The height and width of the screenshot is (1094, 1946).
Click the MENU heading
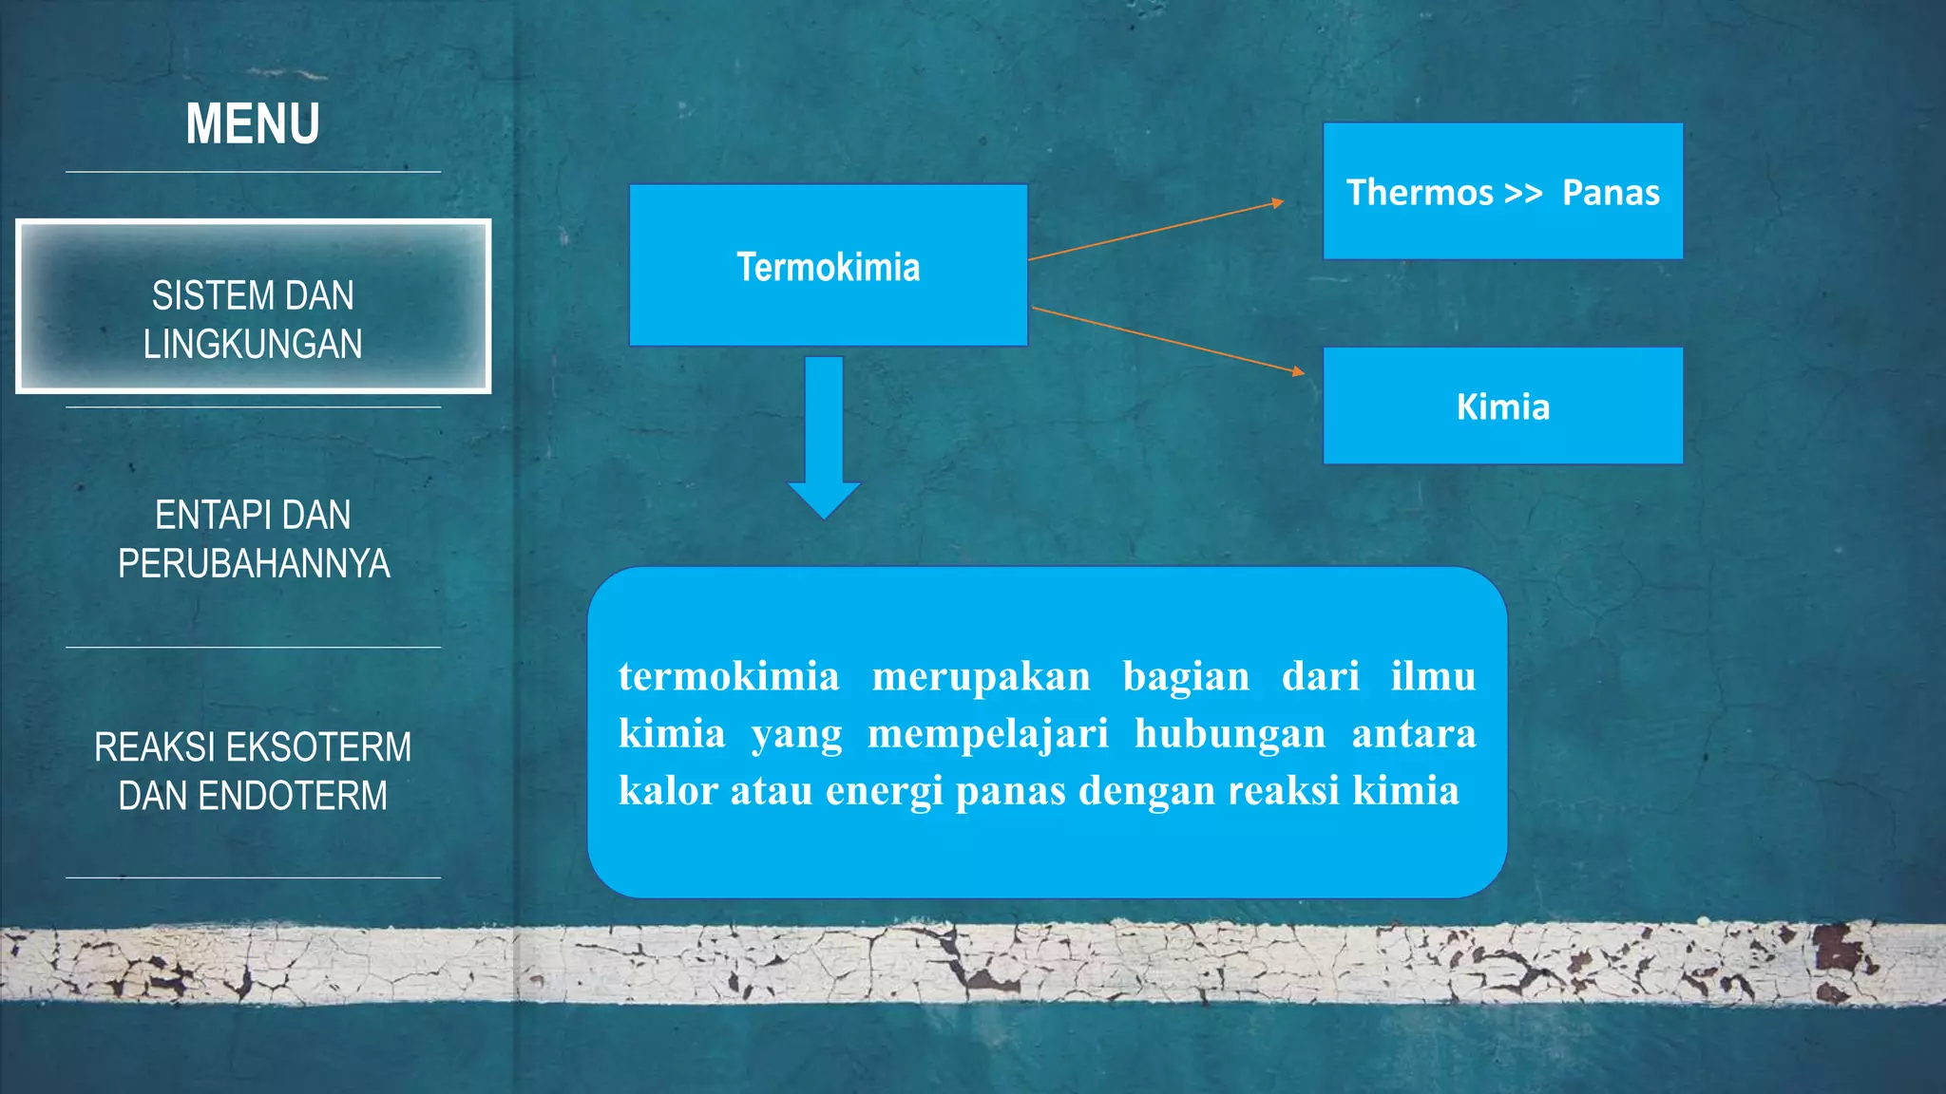253,124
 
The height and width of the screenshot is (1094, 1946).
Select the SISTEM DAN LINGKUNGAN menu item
253,319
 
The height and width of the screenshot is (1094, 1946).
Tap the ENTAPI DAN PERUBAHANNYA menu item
253,539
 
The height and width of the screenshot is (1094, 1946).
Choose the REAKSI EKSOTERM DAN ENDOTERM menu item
253,771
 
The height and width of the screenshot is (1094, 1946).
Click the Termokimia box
828,266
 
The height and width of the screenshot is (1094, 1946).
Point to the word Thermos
1420,193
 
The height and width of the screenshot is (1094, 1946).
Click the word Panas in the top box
1611,193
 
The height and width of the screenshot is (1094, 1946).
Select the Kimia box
1502,406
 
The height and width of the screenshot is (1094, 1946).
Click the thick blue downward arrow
824,437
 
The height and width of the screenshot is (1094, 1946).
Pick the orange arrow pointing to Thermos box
1155,230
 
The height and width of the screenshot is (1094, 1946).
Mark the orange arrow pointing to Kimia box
1169,340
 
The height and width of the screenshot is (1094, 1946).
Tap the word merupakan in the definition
981,677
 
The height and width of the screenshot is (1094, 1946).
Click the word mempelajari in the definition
988,734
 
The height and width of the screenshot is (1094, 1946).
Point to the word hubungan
1230,734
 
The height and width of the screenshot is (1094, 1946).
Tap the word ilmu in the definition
1433,677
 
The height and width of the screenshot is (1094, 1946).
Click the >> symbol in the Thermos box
1523,194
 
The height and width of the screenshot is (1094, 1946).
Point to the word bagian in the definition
1186,677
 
